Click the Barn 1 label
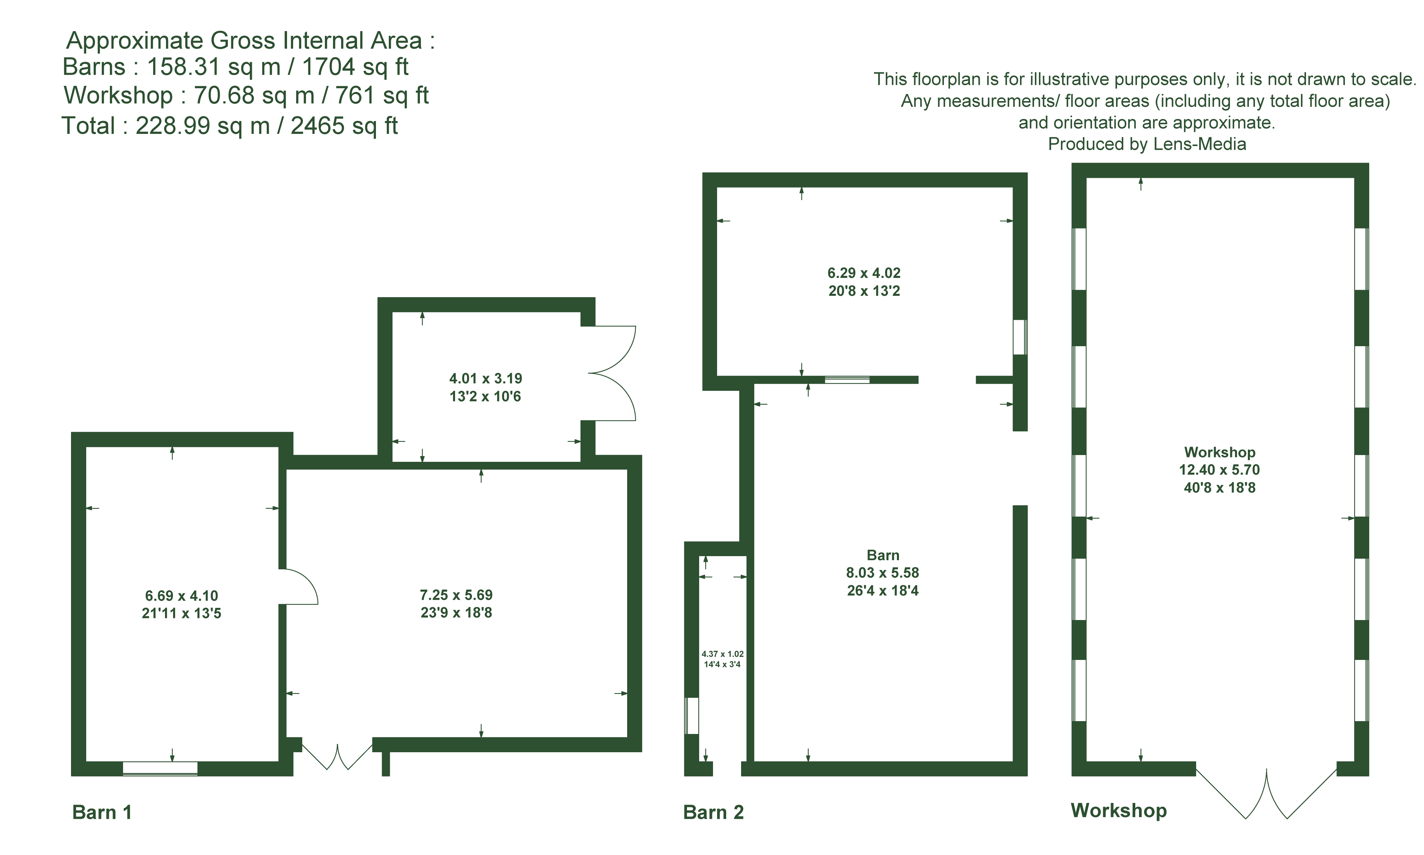102,812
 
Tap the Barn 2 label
713,812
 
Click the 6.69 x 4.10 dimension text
182,596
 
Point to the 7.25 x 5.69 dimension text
456,595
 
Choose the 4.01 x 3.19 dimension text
485,379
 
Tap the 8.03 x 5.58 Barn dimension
882,573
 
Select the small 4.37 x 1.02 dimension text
722,654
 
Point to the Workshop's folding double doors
1266,792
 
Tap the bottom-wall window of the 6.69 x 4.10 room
160,768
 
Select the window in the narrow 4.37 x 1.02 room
692,716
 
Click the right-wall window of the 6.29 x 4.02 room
1020,337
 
